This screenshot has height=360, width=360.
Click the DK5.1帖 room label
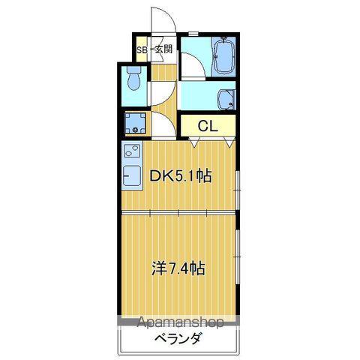(181, 177)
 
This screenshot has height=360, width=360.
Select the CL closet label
(208, 126)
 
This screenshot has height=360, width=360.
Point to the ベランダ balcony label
(178, 340)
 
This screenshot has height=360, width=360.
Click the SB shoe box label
(141, 50)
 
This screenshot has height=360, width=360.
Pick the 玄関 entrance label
(163, 50)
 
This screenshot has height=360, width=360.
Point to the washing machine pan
(136, 123)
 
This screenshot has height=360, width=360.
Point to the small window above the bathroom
(193, 34)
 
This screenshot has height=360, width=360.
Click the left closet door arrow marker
(181, 139)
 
